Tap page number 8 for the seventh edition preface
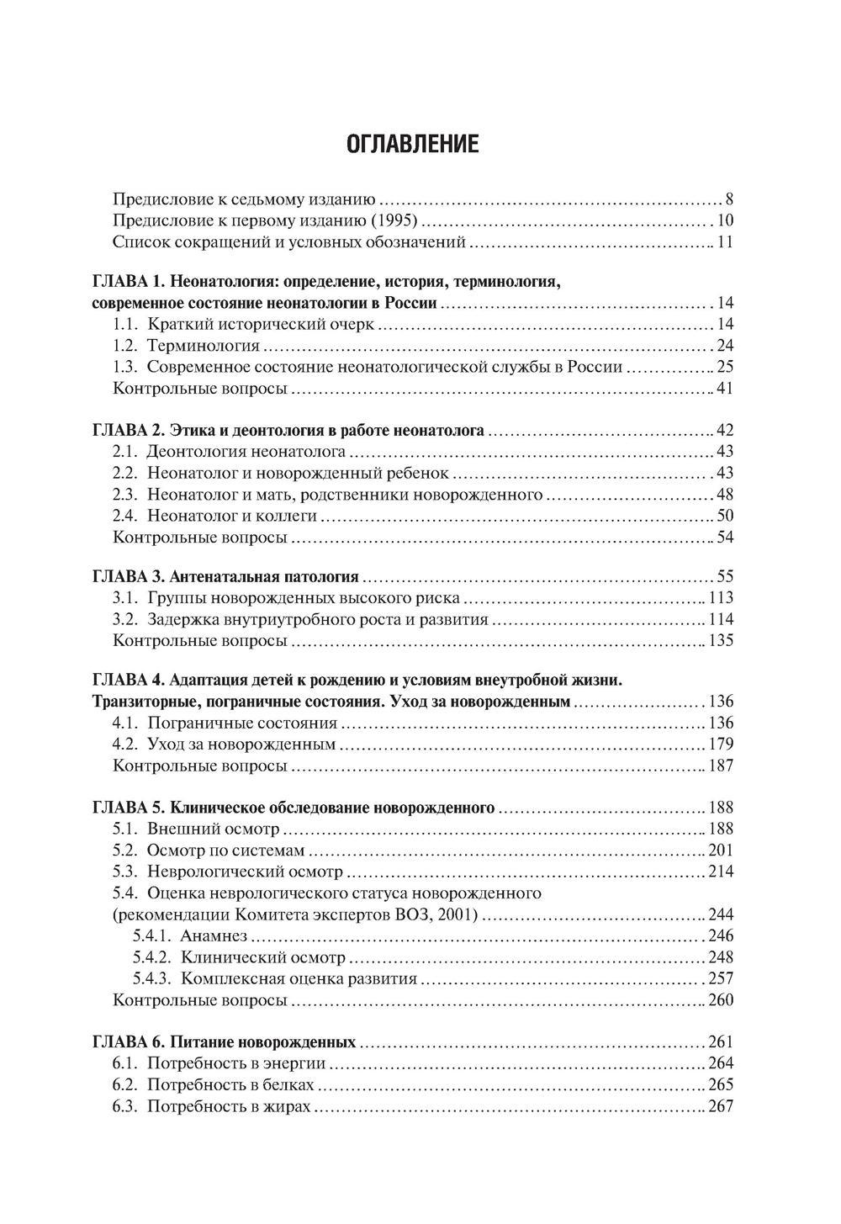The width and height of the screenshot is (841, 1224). (x=729, y=200)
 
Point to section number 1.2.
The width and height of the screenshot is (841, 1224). (x=124, y=345)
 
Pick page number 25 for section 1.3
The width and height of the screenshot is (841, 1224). (x=725, y=367)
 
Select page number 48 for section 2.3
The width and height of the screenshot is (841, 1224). (x=725, y=494)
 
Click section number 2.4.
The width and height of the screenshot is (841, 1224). (x=124, y=516)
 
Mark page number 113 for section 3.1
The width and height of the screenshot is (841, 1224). (x=721, y=598)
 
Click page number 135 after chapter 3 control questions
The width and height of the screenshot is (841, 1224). (x=721, y=641)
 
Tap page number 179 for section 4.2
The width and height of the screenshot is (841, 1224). (x=721, y=744)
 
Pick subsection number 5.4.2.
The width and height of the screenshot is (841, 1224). (x=151, y=957)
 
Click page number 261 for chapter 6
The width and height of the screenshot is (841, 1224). (x=721, y=1042)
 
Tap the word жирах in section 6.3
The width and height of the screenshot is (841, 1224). (x=289, y=1106)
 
